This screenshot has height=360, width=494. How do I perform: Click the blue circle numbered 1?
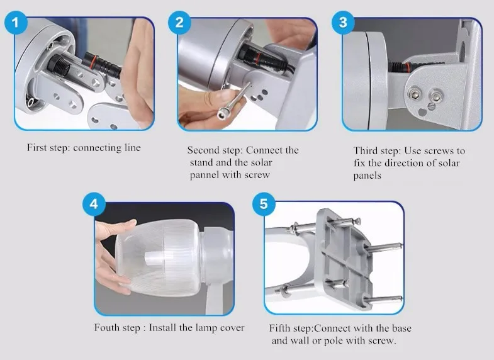tap(16, 23)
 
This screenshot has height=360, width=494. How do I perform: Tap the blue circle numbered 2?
tap(179, 23)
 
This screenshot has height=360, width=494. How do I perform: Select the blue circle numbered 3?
tap(343, 23)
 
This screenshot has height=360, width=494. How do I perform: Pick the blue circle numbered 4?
tap(94, 204)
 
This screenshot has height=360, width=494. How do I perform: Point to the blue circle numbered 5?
tap(264, 204)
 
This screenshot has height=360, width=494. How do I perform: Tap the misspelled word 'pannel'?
tap(205, 175)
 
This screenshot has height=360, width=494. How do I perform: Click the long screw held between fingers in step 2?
tap(235, 99)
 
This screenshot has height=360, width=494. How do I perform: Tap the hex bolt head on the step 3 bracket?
tap(413, 94)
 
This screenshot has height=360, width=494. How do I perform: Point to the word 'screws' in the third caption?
tap(441, 151)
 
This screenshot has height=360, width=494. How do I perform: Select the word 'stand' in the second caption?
tap(200, 163)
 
